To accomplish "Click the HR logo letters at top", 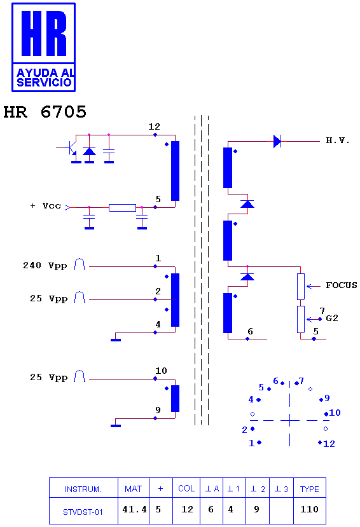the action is point(44,33).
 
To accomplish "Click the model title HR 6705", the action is point(45,112).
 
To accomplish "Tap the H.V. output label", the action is point(338,140).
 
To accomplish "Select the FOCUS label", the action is point(341,285).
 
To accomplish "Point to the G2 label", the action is point(332,318).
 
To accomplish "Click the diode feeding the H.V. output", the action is point(277,141).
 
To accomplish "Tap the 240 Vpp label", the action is point(45,266).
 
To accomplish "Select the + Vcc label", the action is point(45,206).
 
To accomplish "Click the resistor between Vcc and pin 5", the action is point(122,208).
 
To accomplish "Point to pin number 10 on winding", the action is point(161,371).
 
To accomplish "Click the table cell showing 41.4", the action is point(134,510).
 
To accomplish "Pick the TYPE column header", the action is point(309,489).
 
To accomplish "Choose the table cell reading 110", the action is point(309,510).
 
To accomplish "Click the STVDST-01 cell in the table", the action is point(83,512).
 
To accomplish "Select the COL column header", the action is point(186,488).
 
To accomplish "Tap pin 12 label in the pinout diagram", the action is point(329,444).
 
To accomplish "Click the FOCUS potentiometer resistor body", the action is point(301,286).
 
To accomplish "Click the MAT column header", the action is point(133,489).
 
